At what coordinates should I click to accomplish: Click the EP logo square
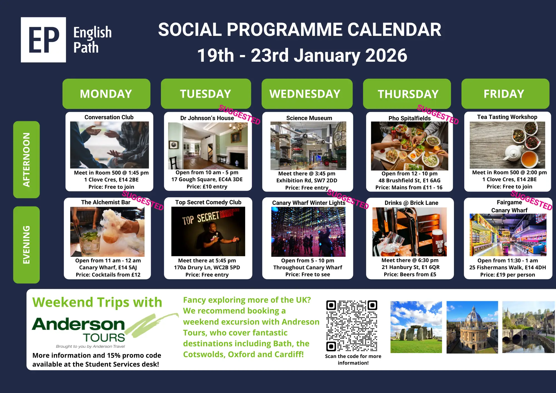click(x=43, y=40)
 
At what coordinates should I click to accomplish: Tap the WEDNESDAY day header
click(x=307, y=94)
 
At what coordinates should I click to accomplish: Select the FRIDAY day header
click(x=505, y=94)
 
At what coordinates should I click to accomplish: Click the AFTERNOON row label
click(x=26, y=160)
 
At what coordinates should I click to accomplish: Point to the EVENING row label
click(x=26, y=245)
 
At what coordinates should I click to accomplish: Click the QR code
click(x=352, y=326)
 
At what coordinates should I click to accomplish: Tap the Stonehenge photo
click(x=416, y=327)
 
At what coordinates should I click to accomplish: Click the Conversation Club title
click(x=109, y=117)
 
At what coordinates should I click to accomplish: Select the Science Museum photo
click(x=308, y=146)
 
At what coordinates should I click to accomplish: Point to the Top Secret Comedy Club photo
click(x=208, y=232)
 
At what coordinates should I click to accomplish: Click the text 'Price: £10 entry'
click(x=207, y=187)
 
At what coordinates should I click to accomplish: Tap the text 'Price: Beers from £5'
click(x=410, y=275)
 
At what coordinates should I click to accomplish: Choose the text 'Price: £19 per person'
click(x=508, y=275)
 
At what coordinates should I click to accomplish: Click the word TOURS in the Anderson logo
click(x=104, y=338)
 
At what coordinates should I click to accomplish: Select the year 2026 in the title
click(x=386, y=55)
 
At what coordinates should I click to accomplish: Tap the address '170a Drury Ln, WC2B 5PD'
click(x=207, y=267)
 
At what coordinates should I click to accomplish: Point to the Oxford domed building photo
click(x=472, y=327)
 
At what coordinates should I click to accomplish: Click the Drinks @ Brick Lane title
click(x=411, y=203)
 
